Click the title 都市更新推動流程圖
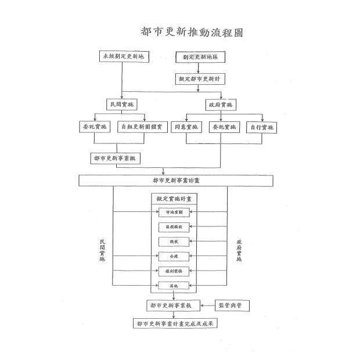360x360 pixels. point(192,32)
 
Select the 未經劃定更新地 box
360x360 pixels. point(122,57)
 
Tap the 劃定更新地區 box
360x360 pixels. point(200,58)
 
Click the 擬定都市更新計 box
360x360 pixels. point(200,79)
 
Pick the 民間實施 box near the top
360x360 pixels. point(122,105)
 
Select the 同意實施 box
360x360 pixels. point(186,127)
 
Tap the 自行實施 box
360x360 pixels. point(261,127)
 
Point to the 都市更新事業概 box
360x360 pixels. point(116,158)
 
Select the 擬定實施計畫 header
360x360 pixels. point(174,199)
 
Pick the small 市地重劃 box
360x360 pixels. point(174,213)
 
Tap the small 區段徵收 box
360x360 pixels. point(174,227)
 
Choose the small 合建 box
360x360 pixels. point(174,256)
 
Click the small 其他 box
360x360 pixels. point(174,286)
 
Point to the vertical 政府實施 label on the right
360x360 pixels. point(239,250)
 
